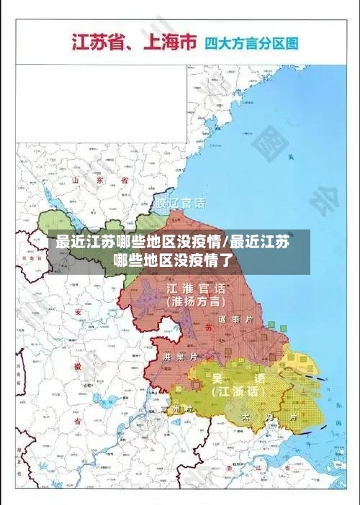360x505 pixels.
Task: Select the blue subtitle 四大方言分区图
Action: click(251, 43)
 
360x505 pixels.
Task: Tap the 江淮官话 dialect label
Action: click(196, 288)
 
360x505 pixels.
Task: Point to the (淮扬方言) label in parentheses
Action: click(196, 302)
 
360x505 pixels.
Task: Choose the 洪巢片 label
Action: click(176, 356)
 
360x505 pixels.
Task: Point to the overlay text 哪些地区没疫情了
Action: click(174, 260)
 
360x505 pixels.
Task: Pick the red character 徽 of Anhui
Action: click(77, 365)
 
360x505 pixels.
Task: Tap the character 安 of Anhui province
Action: click(78, 312)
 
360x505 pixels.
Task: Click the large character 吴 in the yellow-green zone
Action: click(216, 378)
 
